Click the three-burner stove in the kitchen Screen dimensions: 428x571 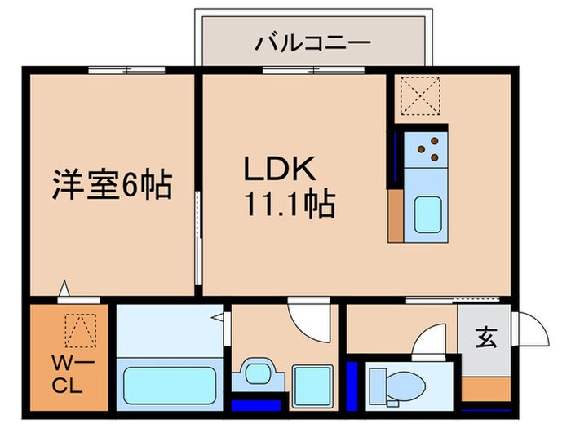(427, 148)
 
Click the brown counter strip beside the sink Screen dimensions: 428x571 (395, 216)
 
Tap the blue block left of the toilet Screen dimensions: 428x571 (352, 379)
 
